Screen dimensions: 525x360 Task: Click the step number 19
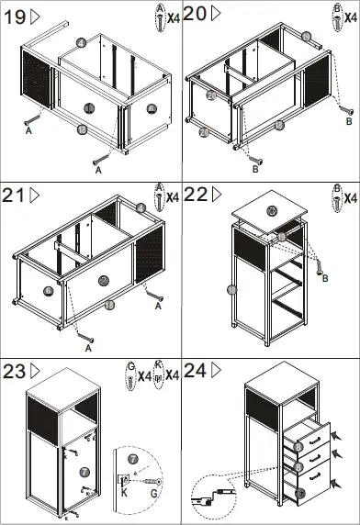point(14,15)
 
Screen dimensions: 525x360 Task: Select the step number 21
point(14,195)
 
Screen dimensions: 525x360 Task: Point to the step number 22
point(195,195)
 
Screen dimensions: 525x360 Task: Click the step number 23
point(15,372)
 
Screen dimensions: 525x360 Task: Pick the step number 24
point(195,372)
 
